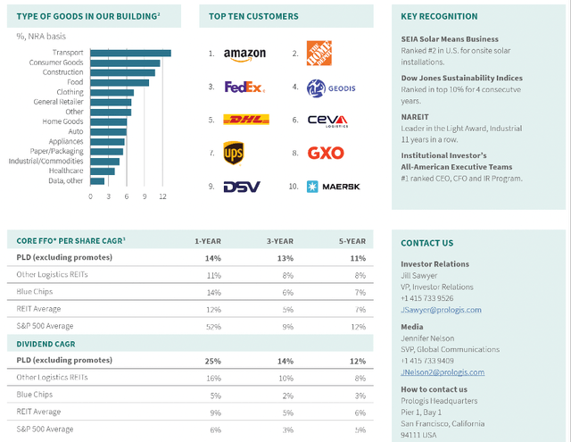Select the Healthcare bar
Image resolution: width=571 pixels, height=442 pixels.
(x=102, y=171)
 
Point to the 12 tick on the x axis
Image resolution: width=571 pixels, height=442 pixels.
(x=162, y=196)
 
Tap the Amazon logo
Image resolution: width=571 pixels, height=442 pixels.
(x=244, y=54)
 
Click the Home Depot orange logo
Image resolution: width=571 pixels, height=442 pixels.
(x=319, y=54)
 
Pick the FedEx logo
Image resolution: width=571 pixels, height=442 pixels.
(x=244, y=88)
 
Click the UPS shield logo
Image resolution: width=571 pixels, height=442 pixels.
(x=234, y=154)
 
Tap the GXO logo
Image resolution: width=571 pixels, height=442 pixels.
(x=325, y=154)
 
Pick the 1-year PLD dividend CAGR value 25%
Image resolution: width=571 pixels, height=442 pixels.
(x=212, y=361)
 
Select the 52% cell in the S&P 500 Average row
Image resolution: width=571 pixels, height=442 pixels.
(x=212, y=326)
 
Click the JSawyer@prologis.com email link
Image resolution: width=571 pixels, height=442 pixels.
(x=441, y=310)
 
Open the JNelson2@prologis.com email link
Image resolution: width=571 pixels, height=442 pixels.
(x=443, y=372)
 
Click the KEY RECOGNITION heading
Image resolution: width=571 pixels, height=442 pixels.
(x=439, y=16)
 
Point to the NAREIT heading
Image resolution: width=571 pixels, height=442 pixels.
(x=417, y=116)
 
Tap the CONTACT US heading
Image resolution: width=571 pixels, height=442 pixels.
(x=426, y=243)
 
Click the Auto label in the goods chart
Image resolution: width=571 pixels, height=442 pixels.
(x=75, y=131)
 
